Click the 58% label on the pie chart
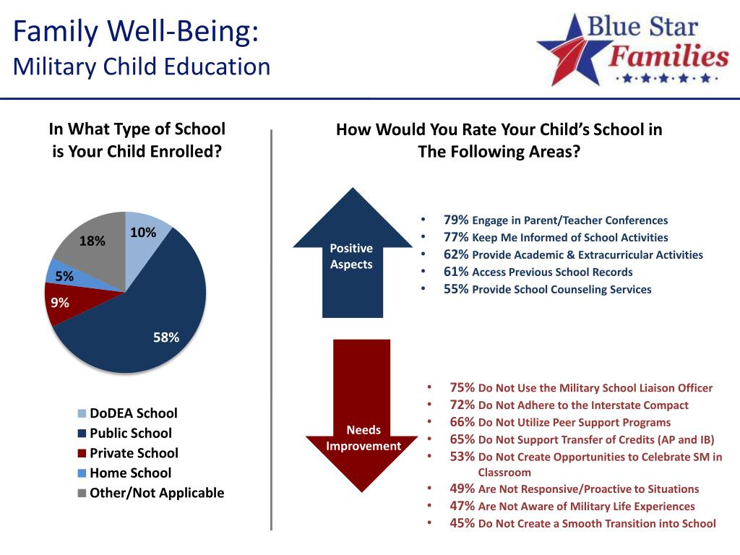coord(166,337)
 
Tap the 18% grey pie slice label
coord(92,241)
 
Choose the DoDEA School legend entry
coord(133,413)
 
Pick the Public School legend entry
coord(130,434)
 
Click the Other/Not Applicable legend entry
coord(156,493)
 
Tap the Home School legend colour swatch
coord(82,473)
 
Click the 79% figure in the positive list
coord(456,220)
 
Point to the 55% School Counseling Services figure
coord(456,289)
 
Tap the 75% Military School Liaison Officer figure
coord(462,387)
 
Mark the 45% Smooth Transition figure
coord(462,523)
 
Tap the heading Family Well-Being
coord(136,32)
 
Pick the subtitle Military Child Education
coord(142,67)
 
